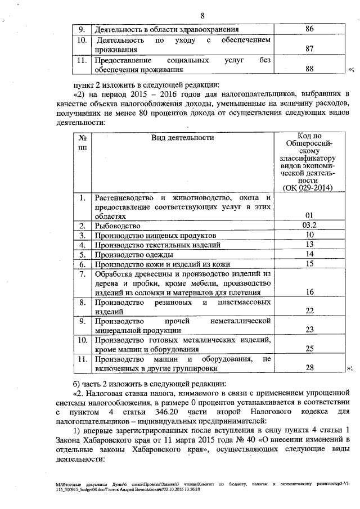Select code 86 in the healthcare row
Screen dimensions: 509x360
pos(309,29)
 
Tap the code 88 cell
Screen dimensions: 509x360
pos(309,69)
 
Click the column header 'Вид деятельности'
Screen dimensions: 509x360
pos(183,137)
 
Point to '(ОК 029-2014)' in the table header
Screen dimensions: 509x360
pos(308,187)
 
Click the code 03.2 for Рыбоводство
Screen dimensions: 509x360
pos(308,225)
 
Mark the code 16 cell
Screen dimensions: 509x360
pos(308,292)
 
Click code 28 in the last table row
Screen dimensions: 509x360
pos(308,368)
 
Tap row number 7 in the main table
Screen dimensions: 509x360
pos(82,274)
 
